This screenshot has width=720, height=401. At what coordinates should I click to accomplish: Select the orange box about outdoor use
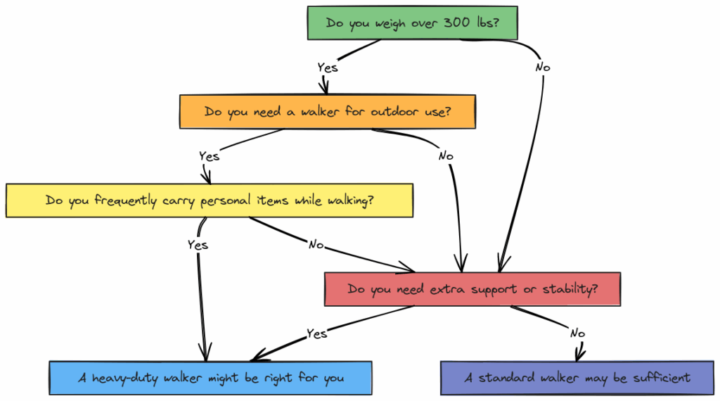328,111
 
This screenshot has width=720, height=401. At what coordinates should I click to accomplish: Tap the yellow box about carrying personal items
209,200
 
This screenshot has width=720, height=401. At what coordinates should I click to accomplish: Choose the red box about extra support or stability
472,289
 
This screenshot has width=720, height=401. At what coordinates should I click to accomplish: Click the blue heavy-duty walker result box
211,378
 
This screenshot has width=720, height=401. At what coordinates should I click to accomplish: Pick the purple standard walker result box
577,378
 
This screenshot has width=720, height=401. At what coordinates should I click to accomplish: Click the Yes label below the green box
328,68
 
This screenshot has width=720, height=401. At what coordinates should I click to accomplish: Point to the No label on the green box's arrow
543,68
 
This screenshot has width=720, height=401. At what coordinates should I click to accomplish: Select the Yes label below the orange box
209,156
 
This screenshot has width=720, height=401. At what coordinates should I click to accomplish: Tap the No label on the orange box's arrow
446,156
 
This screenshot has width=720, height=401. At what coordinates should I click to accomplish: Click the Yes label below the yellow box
198,245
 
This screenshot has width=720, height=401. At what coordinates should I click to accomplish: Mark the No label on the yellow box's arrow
316,245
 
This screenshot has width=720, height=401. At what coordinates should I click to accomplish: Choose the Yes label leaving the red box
316,333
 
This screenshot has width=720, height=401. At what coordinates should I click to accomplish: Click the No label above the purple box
578,333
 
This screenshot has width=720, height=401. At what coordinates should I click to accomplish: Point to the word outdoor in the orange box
373,111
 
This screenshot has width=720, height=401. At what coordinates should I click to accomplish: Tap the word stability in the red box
570,289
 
